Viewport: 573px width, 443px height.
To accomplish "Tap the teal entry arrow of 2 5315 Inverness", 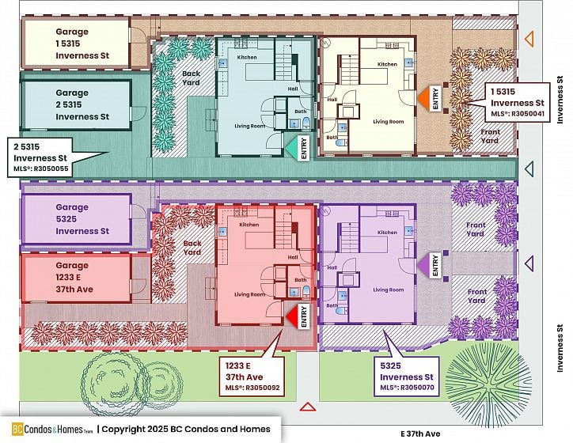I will (292, 147).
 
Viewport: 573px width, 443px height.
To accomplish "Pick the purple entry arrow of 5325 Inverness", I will (423, 263).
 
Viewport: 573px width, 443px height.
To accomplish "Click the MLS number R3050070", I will (407, 388).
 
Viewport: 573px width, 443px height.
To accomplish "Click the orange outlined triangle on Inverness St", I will (529, 37).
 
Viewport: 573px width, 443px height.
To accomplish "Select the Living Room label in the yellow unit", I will (389, 122).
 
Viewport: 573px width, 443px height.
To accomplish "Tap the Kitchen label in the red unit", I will (249, 225).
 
